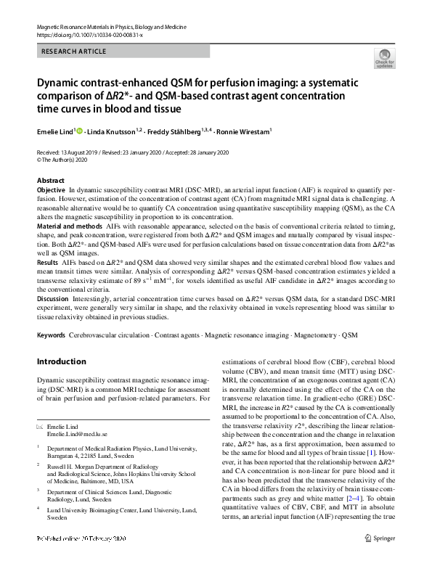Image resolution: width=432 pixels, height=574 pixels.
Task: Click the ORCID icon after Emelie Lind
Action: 80,132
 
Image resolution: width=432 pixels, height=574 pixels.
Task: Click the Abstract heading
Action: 50,180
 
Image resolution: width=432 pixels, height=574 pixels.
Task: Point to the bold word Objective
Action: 51,189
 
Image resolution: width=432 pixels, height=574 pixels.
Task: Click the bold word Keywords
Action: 52,337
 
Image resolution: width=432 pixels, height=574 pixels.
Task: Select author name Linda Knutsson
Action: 117,132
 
